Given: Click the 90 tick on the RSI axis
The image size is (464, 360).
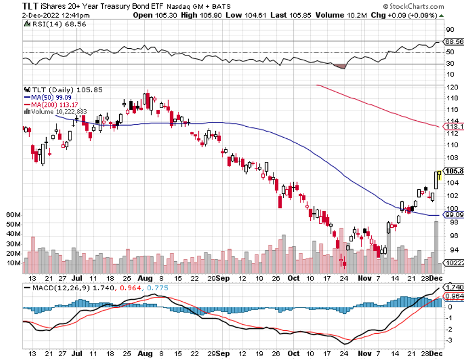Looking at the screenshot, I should tap(450, 30).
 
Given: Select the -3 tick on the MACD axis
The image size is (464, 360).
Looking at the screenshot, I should tap(449, 341).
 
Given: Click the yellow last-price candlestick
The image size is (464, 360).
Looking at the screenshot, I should tap(439, 174).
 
